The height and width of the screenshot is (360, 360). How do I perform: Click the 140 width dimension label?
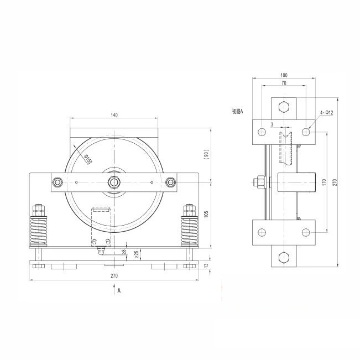tap(114, 115)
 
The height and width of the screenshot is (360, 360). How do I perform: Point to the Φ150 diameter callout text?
tap(88, 159)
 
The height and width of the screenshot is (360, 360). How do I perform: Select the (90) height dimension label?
tap(207, 154)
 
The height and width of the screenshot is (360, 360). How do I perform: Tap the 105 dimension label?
tap(206, 214)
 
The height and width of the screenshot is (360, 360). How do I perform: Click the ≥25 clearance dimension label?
tap(137, 254)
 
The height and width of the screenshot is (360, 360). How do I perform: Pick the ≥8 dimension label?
tap(124, 252)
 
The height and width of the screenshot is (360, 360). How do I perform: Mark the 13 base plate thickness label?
tap(206, 265)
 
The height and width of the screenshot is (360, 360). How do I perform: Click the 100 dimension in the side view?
tap(284, 75)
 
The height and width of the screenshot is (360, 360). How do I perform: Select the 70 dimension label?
tap(284, 82)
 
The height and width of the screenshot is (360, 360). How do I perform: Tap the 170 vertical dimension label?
tap(324, 182)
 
